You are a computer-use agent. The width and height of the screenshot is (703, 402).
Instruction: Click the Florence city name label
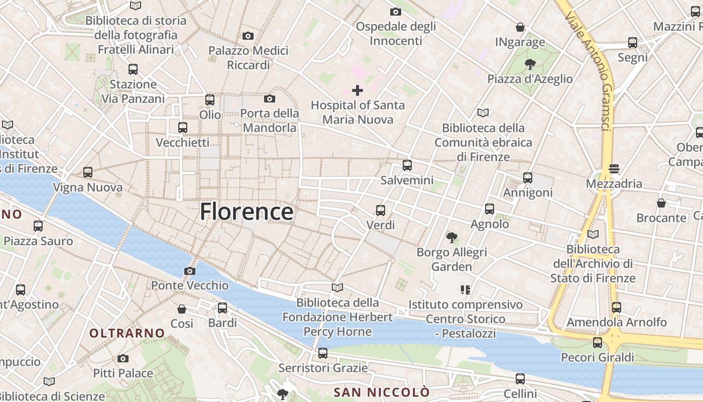point(247,212)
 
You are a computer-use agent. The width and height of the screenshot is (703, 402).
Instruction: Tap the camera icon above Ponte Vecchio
point(189,271)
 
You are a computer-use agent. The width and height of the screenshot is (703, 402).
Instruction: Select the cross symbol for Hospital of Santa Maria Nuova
point(358,90)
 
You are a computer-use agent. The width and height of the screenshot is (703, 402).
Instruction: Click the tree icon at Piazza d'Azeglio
point(529,64)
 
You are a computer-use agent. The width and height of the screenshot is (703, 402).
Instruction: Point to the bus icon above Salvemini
point(407,165)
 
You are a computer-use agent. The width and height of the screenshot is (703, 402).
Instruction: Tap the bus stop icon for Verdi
point(381,210)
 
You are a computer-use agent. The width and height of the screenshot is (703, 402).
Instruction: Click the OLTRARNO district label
point(127,333)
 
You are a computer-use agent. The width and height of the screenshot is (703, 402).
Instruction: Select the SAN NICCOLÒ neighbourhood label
point(382,392)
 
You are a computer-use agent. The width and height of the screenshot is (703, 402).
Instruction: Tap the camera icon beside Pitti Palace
point(123,358)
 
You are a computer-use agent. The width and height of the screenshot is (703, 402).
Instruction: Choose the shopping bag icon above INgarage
point(520,27)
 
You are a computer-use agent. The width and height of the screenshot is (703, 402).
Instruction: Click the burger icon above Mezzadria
point(614,168)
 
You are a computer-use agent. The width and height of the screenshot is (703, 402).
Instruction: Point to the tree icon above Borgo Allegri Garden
point(452,237)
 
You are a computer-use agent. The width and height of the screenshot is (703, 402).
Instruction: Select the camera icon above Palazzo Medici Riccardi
point(248,36)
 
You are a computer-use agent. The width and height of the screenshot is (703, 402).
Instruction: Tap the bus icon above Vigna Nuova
point(88,172)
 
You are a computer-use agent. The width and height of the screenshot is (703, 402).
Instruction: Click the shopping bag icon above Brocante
point(661,203)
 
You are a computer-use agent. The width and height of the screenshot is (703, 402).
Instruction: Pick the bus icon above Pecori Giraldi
point(598,343)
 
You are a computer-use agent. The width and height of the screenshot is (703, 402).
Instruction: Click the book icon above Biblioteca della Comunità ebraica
point(483,113)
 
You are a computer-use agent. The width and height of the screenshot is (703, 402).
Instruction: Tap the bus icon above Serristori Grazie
point(323,353)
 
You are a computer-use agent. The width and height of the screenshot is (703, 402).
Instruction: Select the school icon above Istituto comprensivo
point(465,290)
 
